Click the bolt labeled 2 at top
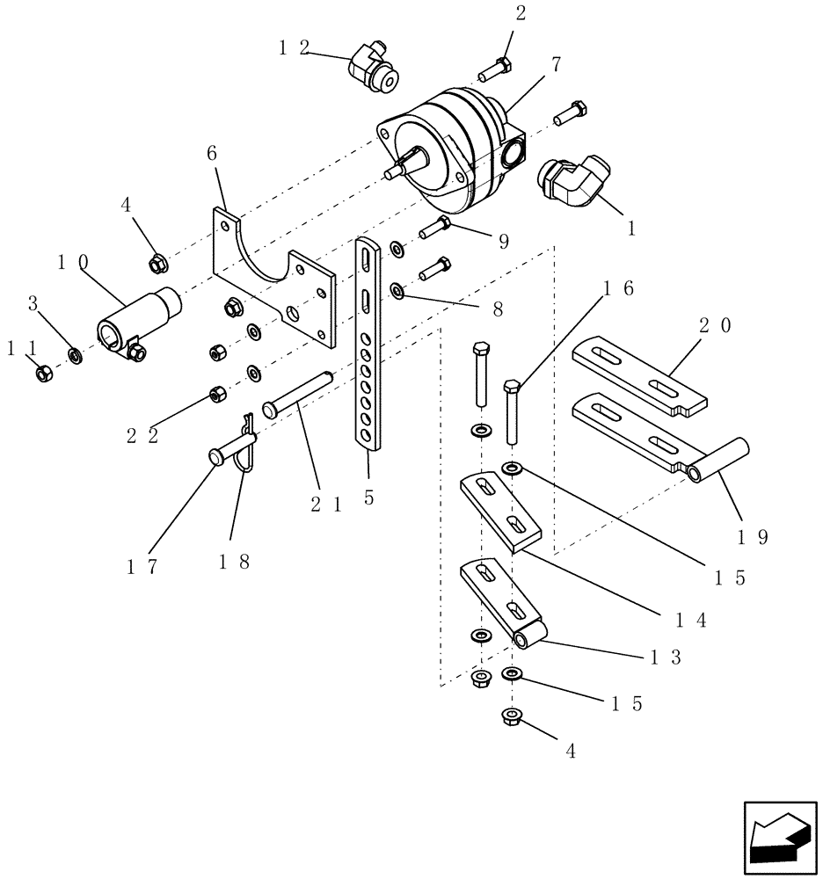494,67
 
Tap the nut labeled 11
42,374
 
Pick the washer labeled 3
76,357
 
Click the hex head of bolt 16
513,387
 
